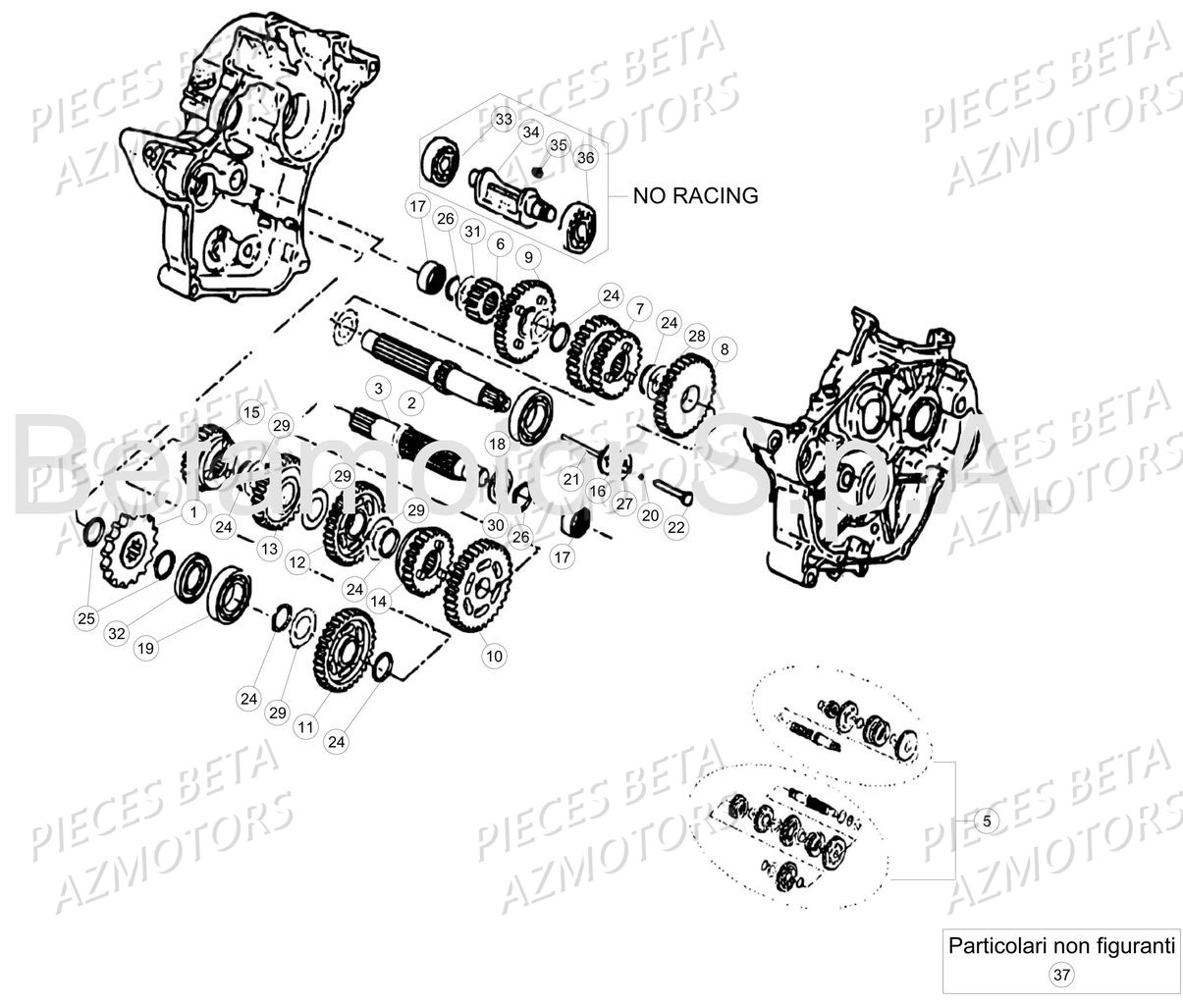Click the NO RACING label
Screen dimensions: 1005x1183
click(x=695, y=195)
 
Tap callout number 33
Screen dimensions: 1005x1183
click(x=503, y=120)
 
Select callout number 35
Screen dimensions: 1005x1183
click(x=558, y=145)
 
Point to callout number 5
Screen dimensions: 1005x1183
click(x=987, y=821)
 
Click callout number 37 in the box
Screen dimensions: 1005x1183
click(x=1060, y=975)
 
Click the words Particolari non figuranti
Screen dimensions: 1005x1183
click(x=1060, y=947)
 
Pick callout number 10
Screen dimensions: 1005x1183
click(x=494, y=655)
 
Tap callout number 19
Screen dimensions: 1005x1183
click(x=145, y=648)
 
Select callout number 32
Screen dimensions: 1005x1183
click(x=117, y=633)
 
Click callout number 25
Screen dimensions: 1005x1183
click(x=86, y=617)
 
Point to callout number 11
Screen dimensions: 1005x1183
click(x=305, y=726)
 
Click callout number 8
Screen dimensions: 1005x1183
click(x=725, y=348)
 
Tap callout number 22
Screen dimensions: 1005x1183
click(x=676, y=527)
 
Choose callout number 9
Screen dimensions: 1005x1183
click(x=529, y=258)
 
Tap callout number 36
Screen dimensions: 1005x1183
click(x=585, y=157)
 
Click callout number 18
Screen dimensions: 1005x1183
click(x=498, y=444)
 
